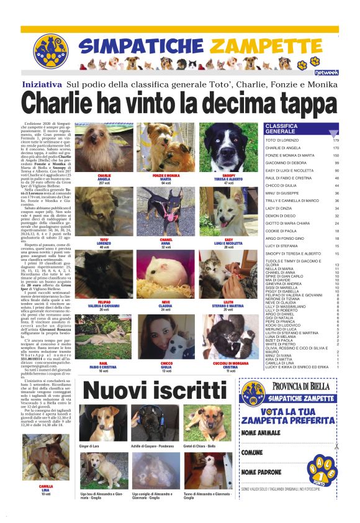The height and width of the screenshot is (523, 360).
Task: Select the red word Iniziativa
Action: coord(42,84)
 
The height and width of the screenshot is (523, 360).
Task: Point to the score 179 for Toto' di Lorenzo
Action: coord(335,140)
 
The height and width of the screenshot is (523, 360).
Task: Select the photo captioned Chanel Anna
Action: coord(165,212)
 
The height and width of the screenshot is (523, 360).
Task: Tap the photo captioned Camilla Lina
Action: coord(45,458)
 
